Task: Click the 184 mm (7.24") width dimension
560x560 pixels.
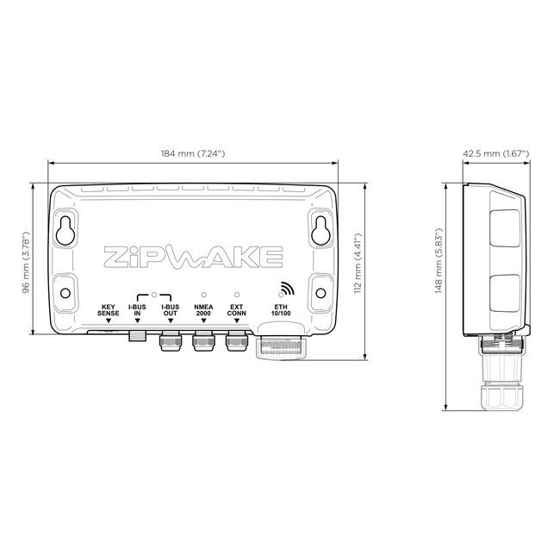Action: pyautogui.click(x=193, y=153)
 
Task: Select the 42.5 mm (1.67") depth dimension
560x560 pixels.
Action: pyautogui.click(x=495, y=153)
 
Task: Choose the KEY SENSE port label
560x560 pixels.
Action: pyautogui.click(x=108, y=309)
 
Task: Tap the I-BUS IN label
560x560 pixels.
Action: pyautogui.click(x=137, y=309)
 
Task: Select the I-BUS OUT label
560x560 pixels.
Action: pyautogui.click(x=170, y=309)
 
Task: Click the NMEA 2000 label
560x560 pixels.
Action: pyautogui.click(x=202, y=309)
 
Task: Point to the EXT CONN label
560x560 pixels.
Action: pyautogui.click(x=235, y=309)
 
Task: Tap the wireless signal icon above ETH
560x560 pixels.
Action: pyautogui.click(x=283, y=289)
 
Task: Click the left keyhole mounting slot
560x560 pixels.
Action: pyautogui.click(x=65, y=228)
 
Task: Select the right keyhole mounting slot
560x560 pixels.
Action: pyautogui.click(x=320, y=228)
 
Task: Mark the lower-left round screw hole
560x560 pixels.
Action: pyautogui.click(x=65, y=292)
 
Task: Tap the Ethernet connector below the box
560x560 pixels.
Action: pyautogui.click(x=283, y=348)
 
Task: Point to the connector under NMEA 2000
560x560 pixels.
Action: pyautogui.click(x=202, y=344)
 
